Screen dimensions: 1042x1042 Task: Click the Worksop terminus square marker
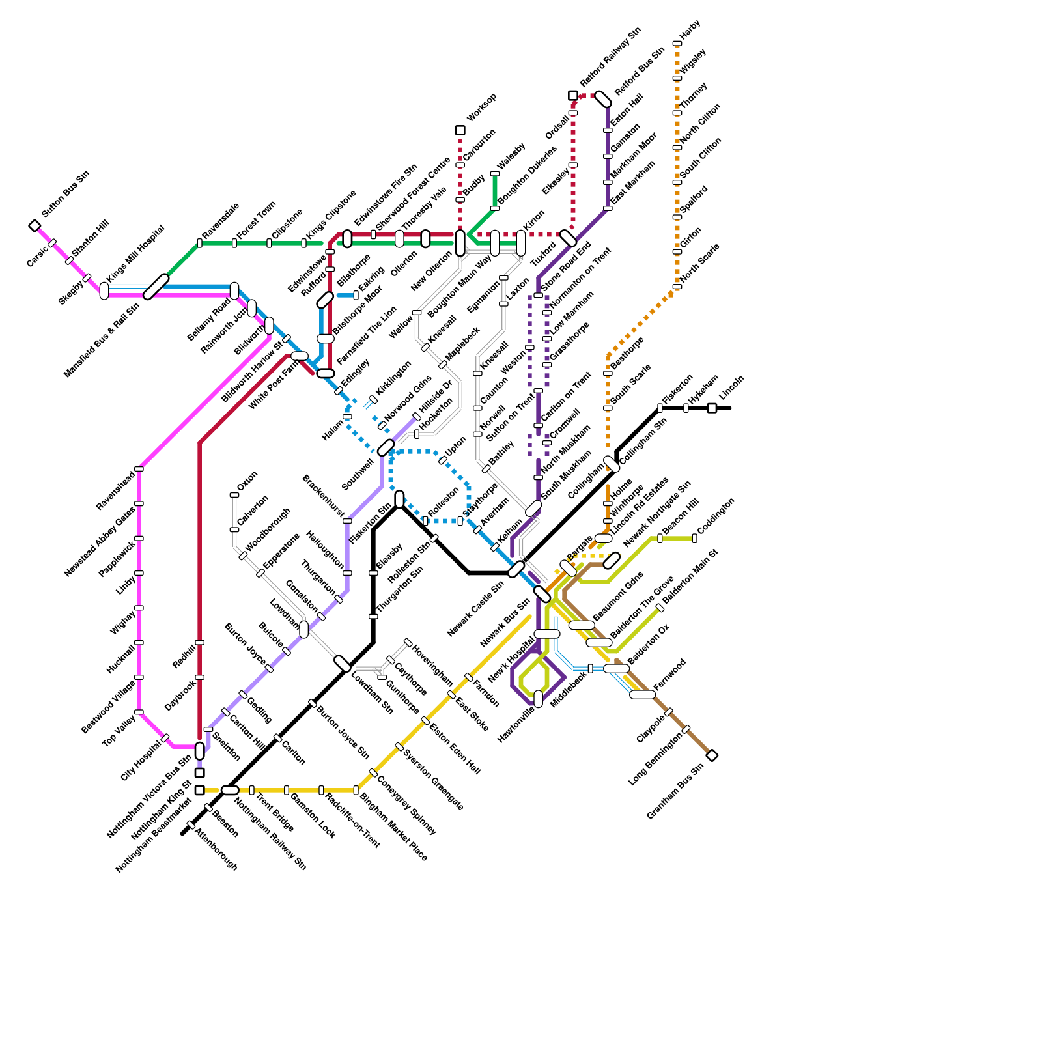(x=460, y=130)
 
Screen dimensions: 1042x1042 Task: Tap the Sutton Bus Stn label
(x=65, y=194)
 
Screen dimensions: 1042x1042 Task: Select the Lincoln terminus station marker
(x=712, y=408)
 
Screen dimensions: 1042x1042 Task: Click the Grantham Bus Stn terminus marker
(x=712, y=755)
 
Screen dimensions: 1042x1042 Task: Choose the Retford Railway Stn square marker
(x=573, y=96)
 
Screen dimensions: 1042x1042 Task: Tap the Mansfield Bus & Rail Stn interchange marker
(x=156, y=287)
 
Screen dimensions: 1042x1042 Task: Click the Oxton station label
(x=247, y=481)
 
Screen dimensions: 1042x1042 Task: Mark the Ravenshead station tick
(x=139, y=469)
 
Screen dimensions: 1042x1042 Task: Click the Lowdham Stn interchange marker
(x=343, y=664)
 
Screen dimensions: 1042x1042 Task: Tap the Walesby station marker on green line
(x=494, y=174)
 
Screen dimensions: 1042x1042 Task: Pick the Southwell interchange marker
(x=386, y=447)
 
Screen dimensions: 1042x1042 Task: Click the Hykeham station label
(x=703, y=389)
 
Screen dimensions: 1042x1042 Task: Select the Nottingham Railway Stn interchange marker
(x=230, y=790)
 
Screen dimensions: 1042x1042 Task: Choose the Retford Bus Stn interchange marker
(x=604, y=99)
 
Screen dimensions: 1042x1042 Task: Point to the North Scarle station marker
(x=677, y=287)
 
